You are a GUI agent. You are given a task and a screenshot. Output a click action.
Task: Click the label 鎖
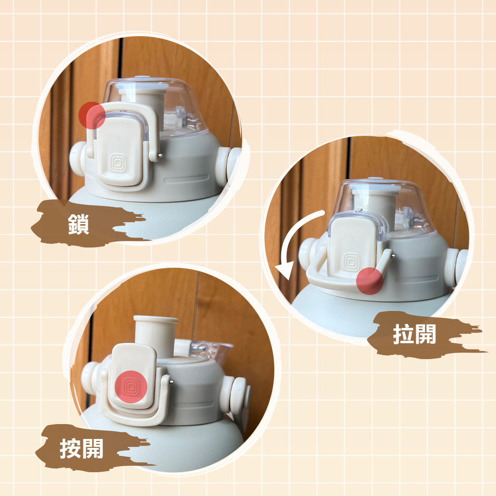[x=78, y=224]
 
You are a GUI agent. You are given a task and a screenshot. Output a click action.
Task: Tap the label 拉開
[x=414, y=334]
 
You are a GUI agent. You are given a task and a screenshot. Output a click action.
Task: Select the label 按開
[x=82, y=448]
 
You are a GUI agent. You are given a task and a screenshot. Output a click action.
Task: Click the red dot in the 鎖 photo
[x=92, y=115]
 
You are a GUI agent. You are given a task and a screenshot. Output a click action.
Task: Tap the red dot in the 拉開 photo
[x=370, y=281]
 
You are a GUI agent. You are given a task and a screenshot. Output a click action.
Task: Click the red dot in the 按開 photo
[x=131, y=386]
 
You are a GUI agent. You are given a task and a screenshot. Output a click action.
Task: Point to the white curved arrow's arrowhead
[x=283, y=271]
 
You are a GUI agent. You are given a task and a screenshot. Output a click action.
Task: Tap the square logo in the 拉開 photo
[x=351, y=261]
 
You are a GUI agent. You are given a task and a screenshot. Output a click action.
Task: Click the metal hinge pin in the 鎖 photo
[x=161, y=155]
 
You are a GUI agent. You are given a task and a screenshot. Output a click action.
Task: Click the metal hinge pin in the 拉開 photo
[x=393, y=256]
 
